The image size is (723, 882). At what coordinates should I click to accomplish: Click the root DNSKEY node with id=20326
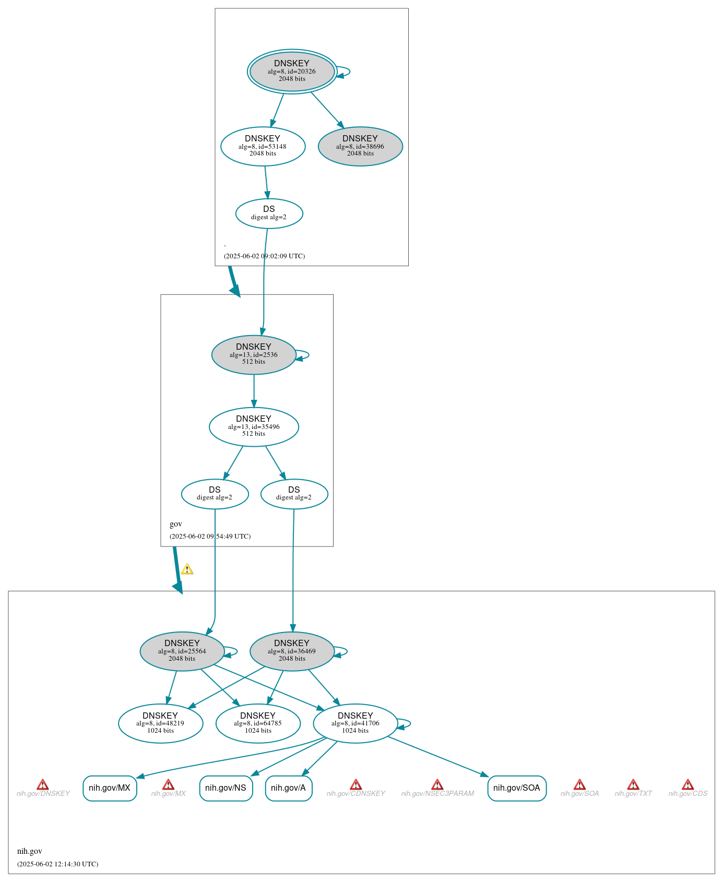point(292,71)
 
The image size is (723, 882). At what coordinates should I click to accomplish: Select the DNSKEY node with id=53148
point(263,147)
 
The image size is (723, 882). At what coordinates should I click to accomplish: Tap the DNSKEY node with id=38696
point(360,147)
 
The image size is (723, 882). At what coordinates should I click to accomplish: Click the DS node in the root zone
point(269,213)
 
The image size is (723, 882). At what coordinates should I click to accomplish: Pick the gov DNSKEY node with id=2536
point(254,355)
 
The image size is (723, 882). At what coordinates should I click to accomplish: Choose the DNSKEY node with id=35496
point(254,427)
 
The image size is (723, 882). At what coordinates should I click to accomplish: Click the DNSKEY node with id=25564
point(182,651)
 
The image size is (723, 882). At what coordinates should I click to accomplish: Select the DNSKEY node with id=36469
point(292,651)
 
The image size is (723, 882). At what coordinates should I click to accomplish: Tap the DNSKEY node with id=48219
point(160,723)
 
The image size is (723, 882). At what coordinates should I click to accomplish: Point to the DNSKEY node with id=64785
point(258,723)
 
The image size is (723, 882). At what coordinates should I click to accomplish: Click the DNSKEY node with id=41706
point(355,723)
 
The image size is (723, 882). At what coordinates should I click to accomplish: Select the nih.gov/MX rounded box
point(110,788)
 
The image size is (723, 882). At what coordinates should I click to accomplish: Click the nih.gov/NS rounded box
point(226,788)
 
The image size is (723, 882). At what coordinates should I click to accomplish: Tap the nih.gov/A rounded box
point(289,788)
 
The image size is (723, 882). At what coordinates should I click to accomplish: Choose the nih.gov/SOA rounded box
point(517,788)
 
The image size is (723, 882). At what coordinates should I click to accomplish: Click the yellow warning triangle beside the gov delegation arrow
point(187,569)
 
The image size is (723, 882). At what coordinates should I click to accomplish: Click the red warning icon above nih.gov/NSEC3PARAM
point(437,784)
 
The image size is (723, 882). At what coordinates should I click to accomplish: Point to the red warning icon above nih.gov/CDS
point(688,784)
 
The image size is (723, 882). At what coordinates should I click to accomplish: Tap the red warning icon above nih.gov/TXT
point(633,784)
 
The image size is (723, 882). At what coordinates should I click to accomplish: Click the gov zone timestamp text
point(210,536)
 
